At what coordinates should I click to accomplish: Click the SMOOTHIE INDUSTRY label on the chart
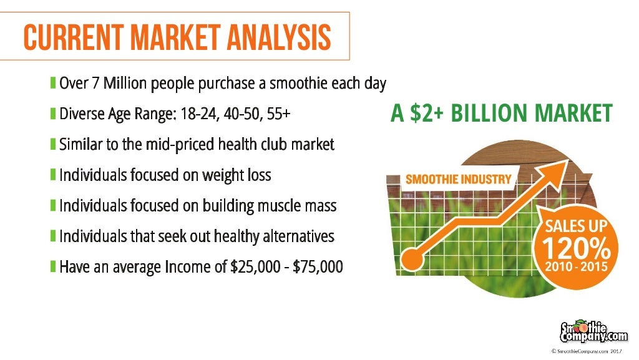[459, 180]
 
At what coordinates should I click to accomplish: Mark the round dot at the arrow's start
[411, 256]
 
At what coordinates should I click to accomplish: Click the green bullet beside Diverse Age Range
[54, 114]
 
